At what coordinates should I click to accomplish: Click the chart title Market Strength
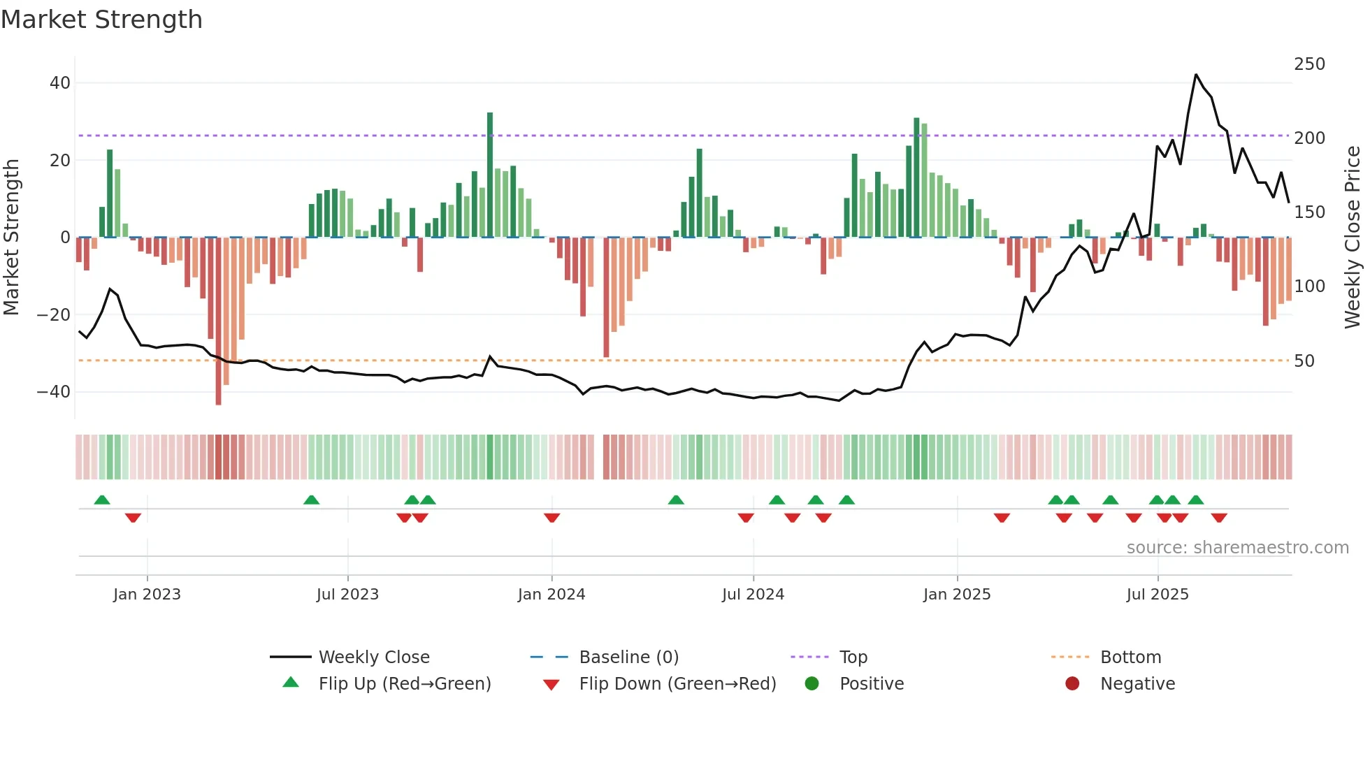tap(101, 20)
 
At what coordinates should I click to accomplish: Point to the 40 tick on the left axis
tap(60, 83)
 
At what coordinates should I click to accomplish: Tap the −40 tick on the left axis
tap(55, 392)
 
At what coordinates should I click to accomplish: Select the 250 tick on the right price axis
tap(1309, 64)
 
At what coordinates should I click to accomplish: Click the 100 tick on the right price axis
tap(1309, 286)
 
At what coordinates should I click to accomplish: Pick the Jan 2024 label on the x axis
tap(551, 595)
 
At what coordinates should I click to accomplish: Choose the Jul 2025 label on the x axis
tap(1158, 595)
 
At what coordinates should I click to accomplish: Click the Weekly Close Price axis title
tap(1353, 238)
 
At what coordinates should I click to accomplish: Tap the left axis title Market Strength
tap(12, 238)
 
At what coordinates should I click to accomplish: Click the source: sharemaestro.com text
tap(1237, 548)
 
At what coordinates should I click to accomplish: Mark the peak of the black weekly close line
tap(1196, 75)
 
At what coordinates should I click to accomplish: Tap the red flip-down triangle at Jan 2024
tap(551, 518)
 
